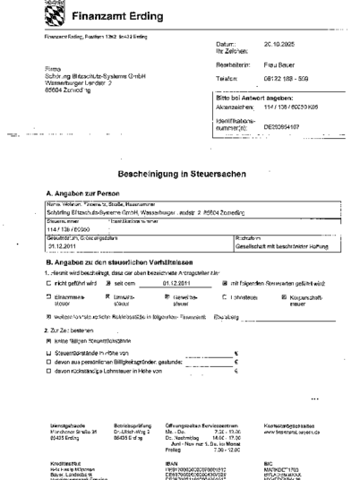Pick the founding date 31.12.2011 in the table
coord(65,245)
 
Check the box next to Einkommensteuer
coord(48,293)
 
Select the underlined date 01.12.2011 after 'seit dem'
coord(167,281)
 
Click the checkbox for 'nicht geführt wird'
coord(48,281)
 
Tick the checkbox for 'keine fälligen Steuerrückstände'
coord(48,341)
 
